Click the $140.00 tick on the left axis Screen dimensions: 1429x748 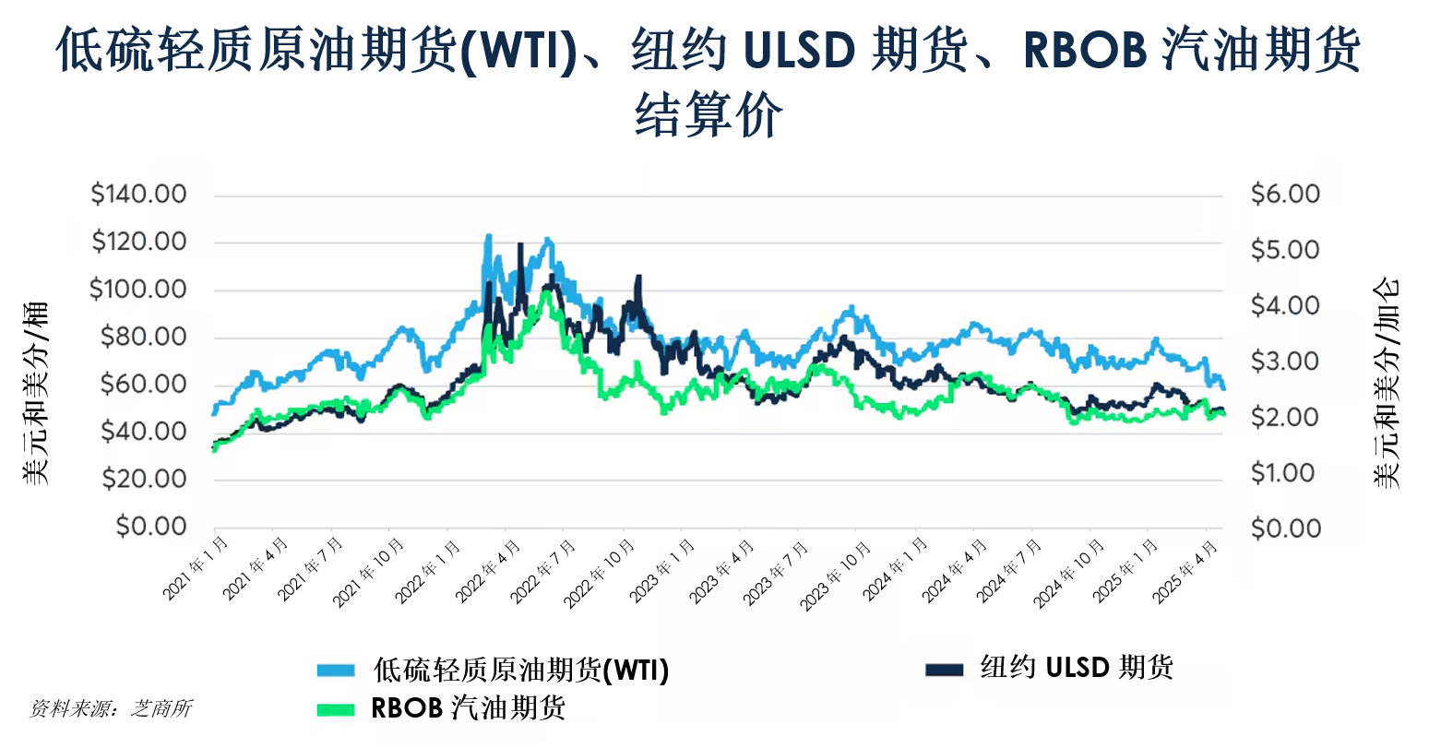point(138,194)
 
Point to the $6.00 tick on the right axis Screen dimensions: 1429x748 point(1285,194)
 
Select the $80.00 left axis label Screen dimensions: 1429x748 point(144,337)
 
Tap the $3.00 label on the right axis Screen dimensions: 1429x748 point(1285,362)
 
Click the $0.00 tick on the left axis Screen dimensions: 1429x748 point(151,527)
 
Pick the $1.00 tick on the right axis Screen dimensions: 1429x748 point(1283,473)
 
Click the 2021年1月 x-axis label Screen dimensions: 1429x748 point(196,568)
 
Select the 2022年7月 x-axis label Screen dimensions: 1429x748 point(543,572)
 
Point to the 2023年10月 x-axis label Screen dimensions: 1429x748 point(835,576)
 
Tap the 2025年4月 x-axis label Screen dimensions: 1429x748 point(1185,572)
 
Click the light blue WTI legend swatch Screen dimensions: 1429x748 point(336,671)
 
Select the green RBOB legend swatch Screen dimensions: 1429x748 point(336,710)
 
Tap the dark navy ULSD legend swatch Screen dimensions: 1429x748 point(944,670)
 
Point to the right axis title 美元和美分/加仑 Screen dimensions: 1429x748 point(1386,383)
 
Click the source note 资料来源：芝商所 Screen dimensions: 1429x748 point(111,708)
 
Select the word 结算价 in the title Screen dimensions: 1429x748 point(709,114)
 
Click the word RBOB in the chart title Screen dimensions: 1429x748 point(1086,51)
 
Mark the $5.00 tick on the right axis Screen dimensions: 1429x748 point(1285,250)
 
